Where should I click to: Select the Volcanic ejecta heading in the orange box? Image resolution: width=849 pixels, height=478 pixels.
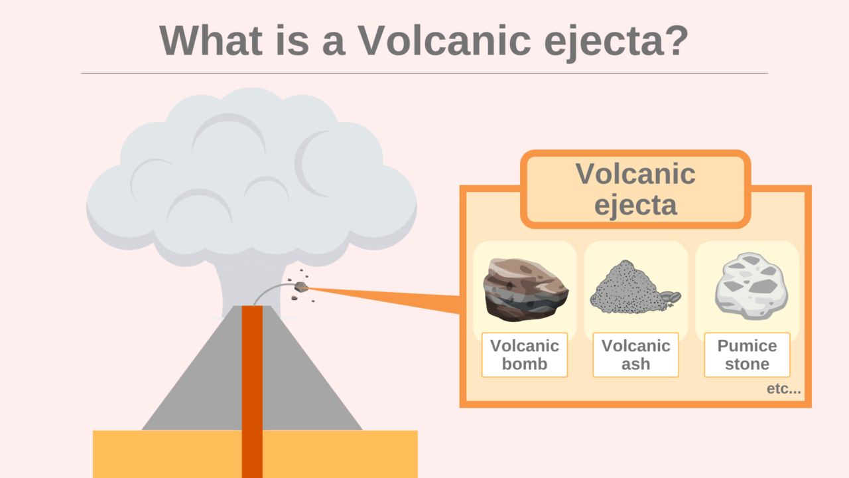pyautogui.click(x=635, y=189)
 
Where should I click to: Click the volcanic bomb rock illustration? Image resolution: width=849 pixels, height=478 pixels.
pyautogui.click(x=525, y=289)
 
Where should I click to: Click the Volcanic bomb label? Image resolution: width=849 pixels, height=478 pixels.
pyautogui.click(x=525, y=355)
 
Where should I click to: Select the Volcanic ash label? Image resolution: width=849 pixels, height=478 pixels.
pyautogui.click(x=635, y=355)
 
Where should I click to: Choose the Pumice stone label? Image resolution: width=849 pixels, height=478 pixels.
pyautogui.click(x=747, y=355)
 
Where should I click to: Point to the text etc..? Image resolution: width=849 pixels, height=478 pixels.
pyautogui.click(x=783, y=389)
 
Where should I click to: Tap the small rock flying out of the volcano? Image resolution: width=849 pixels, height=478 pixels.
pyautogui.click(x=301, y=287)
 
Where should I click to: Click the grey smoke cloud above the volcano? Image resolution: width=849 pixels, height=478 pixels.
pyautogui.click(x=252, y=179)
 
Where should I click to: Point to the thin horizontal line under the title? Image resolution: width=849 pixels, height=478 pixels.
pyautogui.click(x=424, y=73)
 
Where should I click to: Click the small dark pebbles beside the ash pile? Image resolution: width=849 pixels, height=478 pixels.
pyautogui.click(x=671, y=297)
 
